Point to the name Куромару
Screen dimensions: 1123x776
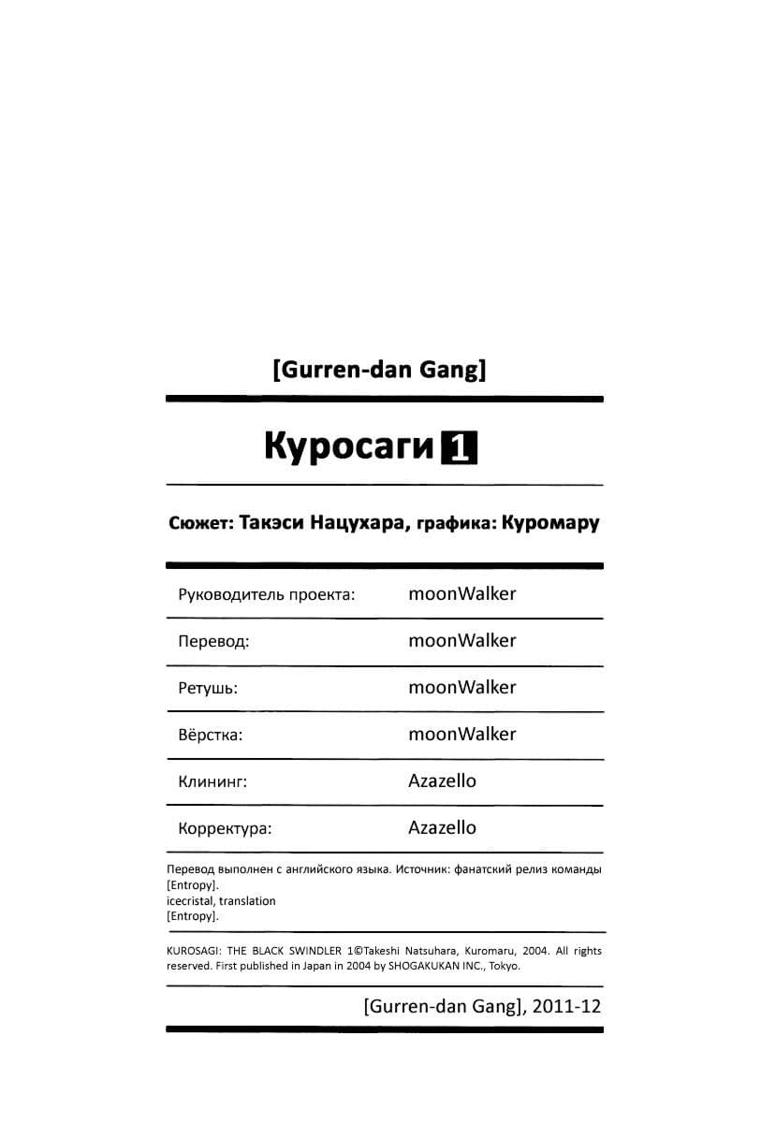(549, 522)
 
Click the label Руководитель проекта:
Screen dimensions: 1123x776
(266, 594)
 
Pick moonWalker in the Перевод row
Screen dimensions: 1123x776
(461, 640)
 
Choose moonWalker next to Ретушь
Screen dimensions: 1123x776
(461, 687)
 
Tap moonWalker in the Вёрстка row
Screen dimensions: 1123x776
(461, 734)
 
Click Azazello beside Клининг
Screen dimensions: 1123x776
(442, 780)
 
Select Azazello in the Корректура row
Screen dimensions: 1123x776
(442, 827)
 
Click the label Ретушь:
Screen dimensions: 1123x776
(207, 688)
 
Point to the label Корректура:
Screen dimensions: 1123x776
(224, 828)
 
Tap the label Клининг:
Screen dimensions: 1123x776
(212, 781)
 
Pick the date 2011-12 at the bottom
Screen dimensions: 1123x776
(568, 1007)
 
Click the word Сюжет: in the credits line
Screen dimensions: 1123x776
(200, 522)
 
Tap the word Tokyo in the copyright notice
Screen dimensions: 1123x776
(502, 967)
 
